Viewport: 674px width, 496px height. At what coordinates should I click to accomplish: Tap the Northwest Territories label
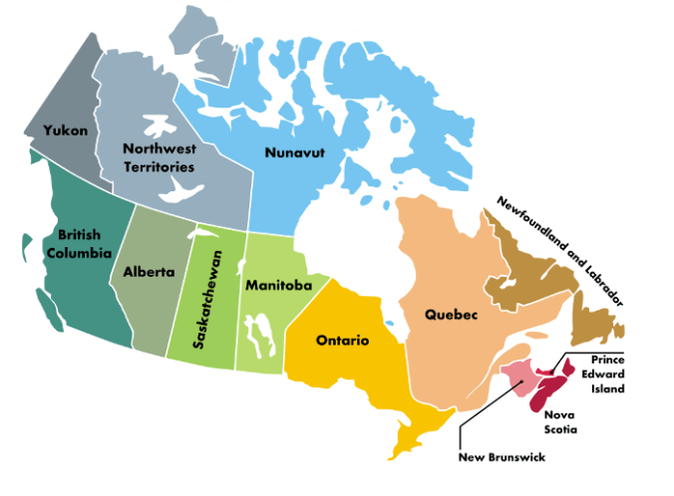(160, 157)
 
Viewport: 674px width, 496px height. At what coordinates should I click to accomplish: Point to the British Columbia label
(78, 243)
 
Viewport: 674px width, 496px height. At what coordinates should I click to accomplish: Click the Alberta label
(149, 272)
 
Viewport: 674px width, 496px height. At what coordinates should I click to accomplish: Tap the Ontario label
(342, 341)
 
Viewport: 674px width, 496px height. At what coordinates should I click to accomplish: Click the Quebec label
(452, 314)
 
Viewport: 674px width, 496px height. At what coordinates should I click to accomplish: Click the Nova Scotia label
(561, 422)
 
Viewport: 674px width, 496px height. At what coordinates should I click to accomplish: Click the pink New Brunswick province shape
(518, 376)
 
